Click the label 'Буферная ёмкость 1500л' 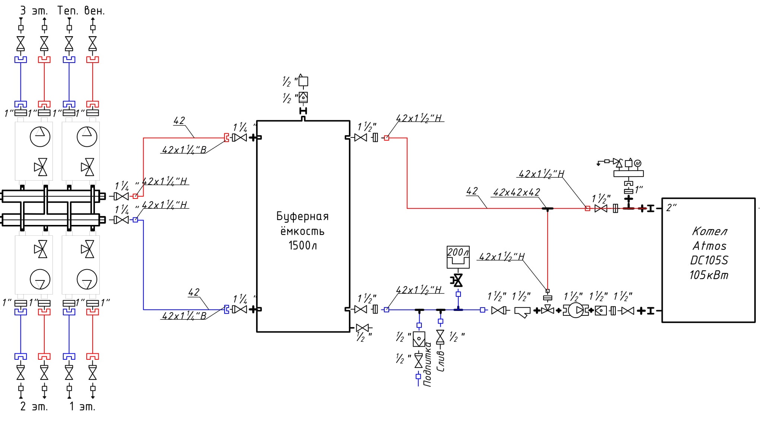click(x=302, y=231)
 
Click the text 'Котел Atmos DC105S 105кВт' click(x=709, y=253)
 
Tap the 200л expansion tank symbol click(x=458, y=257)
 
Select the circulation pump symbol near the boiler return click(x=576, y=310)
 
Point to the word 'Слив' click(x=440, y=361)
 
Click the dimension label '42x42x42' click(x=516, y=192)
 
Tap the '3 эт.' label click(x=34, y=11)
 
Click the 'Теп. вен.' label click(x=81, y=11)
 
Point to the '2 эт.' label click(x=34, y=406)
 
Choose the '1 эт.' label click(x=82, y=406)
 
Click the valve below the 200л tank click(x=458, y=280)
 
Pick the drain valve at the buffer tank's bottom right click(x=362, y=328)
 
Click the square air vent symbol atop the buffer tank click(x=303, y=80)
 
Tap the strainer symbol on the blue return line click(x=522, y=312)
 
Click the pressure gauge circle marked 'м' click(x=637, y=163)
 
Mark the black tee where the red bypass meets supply click(x=547, y=209)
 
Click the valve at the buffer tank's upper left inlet click(x=239, y=138)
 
